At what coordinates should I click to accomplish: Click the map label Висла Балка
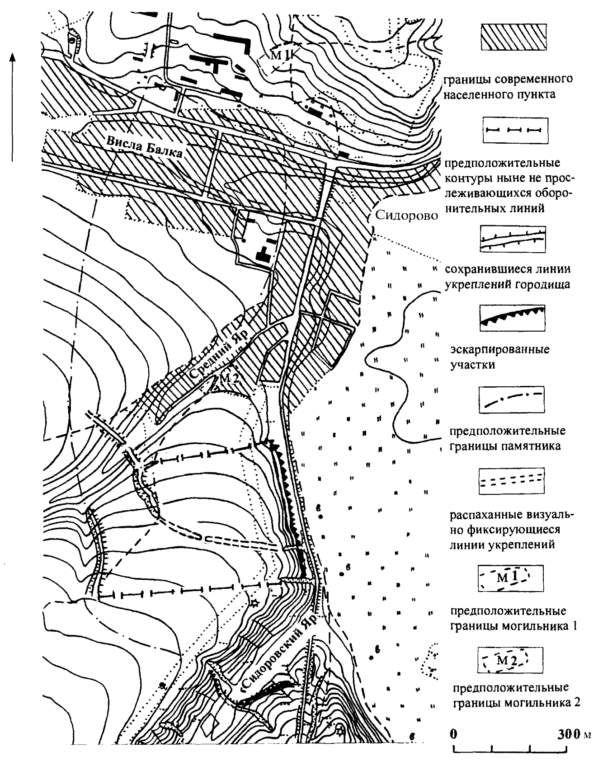145,147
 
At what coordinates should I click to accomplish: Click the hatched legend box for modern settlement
513,37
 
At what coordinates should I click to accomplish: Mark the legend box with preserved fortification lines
512,240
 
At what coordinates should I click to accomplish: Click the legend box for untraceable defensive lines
513,131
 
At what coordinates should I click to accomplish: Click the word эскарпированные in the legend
500,350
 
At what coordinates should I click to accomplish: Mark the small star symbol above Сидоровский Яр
254,603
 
